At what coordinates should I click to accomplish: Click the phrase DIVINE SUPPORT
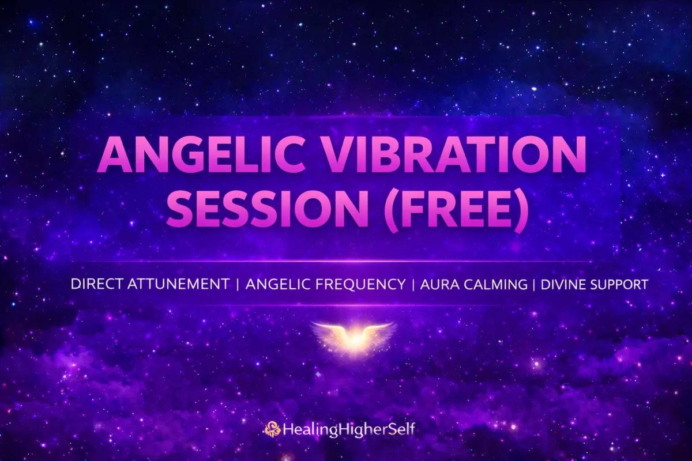point(595,284)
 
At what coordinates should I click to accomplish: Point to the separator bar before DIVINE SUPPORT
point(535,284)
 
